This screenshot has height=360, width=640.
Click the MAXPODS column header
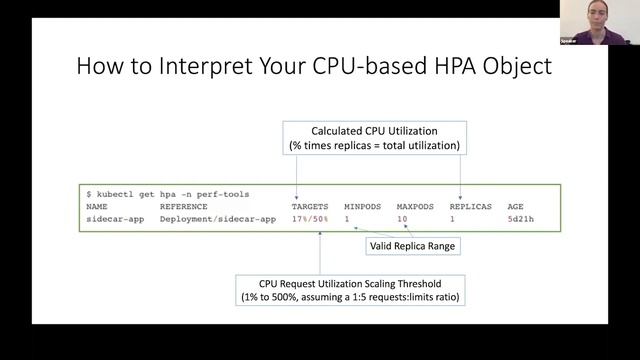(413, 206)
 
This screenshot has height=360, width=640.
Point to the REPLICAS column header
(470, 206)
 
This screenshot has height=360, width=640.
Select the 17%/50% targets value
(310, 218)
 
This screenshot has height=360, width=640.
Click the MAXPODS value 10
(402, 218)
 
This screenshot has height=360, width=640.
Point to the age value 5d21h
(520, 218)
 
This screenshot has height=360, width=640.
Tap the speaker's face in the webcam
(597, 20)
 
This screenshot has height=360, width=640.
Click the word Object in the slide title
(513, 69)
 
